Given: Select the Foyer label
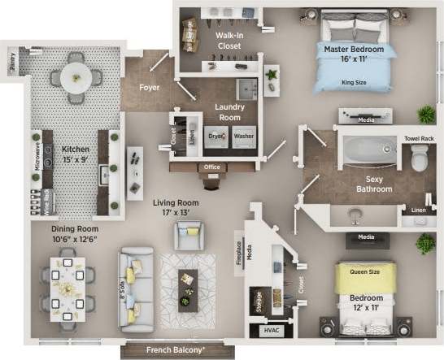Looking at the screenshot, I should (149, 87).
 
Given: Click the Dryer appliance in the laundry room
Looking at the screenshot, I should (215, 137).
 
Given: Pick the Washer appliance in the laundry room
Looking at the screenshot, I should (243, 137).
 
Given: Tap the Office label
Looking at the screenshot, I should (212, 168).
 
